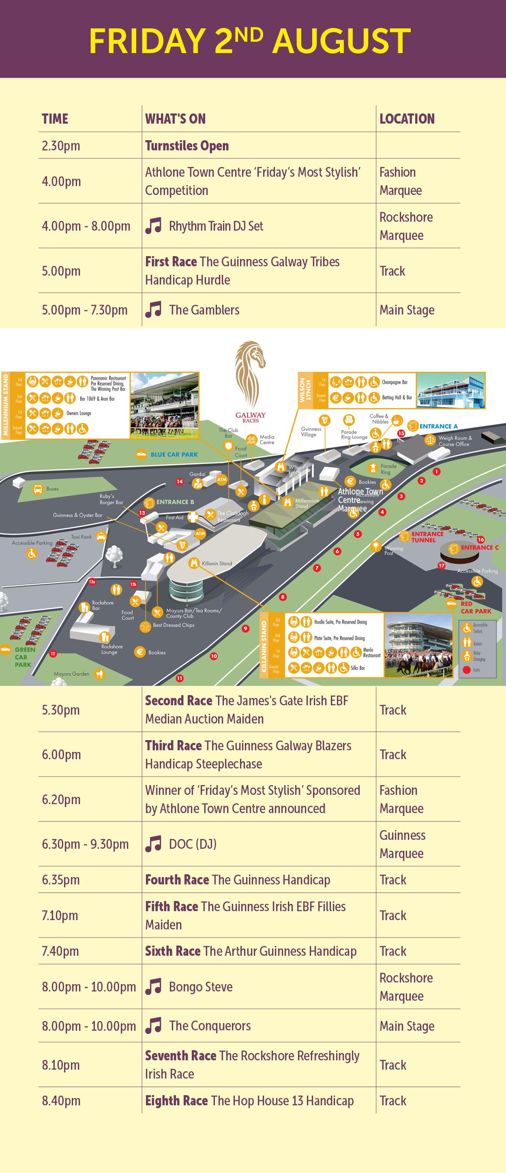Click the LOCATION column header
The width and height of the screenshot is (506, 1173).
click(x=407, y=119)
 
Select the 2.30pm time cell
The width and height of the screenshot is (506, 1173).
click(x=61, y=146)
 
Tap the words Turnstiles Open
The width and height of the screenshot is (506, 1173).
click(x=187, y=146)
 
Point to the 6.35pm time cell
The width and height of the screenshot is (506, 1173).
click(x=61, y=879)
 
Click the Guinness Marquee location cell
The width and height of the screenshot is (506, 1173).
click(x=402, y=844)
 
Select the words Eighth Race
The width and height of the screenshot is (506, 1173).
click(x=176, y=1100)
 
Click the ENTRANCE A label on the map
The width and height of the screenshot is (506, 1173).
click(x=439, y=426)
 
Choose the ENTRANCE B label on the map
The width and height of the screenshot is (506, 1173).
click(x=175, y=502)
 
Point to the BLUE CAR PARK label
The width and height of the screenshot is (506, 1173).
click(x=174, y=454)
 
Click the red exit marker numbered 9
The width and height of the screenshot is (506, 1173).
click(x=245, y=629)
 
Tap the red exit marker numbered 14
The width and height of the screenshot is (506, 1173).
click(x=180, y=481)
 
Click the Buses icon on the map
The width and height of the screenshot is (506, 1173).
click(x=38, y=489)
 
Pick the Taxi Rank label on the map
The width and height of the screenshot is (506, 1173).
click(x=81, y=537)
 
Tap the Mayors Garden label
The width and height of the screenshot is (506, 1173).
click(x=71, y=674)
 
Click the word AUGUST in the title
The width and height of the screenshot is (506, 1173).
click(x=341, y=41)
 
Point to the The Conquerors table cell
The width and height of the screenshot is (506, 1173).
click(x=210, y=1025)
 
